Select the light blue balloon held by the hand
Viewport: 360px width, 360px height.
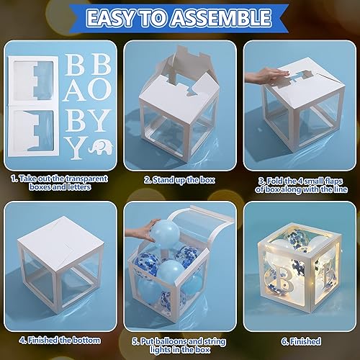point(157,233)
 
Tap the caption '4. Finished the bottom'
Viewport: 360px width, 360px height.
point(60,340)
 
